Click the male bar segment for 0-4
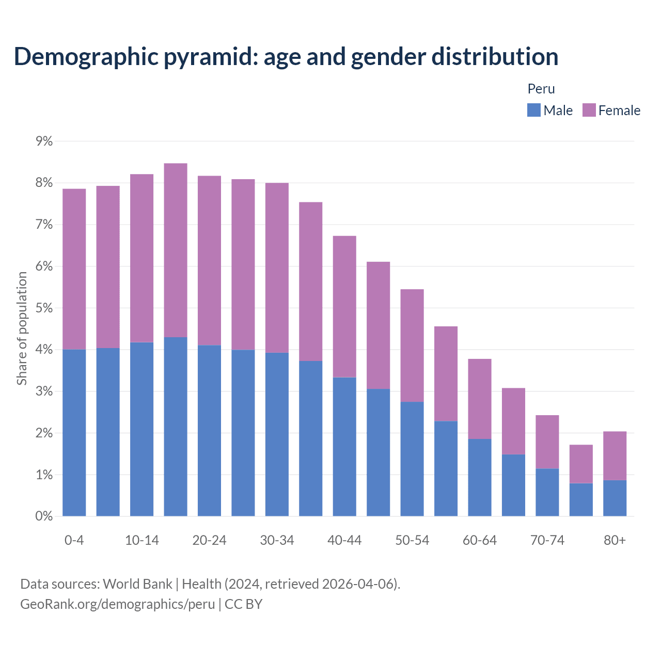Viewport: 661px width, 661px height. click(74, 433)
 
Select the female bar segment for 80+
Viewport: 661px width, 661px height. click(615, 455)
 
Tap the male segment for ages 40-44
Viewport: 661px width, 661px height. click(344, 447)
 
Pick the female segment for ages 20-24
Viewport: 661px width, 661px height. click(209, 260)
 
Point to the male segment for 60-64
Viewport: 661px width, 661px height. click(480, 477)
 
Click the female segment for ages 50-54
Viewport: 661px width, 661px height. click(412, 345)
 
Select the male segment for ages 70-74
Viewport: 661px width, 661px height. click(547, 492)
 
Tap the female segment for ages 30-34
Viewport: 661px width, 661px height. click(277, 267)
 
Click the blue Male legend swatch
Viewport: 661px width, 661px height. click(533, 110)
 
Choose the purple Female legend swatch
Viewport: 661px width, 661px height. click(589, 110)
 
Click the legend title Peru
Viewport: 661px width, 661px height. click(541, 89)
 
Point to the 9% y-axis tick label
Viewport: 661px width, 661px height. click(44, 141)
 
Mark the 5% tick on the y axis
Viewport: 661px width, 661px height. click(44, 308)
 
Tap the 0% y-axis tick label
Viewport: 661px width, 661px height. click(44, 516)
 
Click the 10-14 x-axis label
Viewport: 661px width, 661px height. click(142, 540)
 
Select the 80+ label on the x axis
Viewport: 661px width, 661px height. click(615, 540)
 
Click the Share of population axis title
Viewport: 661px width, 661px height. click(22, 328)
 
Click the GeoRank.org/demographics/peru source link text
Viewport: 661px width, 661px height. click(117, 604)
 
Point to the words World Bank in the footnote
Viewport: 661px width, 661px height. click(137, 584)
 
